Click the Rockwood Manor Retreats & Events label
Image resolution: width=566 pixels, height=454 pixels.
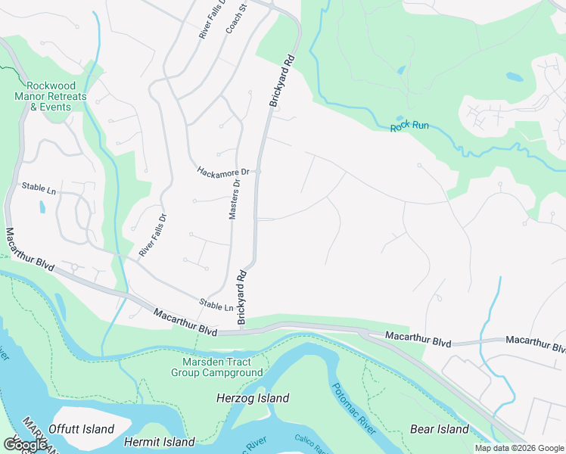coord(51,96)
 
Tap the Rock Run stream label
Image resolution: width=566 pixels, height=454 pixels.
coord(409,126)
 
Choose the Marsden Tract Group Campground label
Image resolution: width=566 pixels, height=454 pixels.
coord(217,367)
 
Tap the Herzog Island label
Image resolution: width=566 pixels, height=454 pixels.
coord(253,398)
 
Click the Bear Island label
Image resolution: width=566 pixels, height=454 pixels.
coord(440,429)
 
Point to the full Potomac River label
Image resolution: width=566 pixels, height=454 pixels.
coord(354,409)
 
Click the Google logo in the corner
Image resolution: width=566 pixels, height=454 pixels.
coord(25,445)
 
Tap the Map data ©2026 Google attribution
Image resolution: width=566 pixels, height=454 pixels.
coord(519,448)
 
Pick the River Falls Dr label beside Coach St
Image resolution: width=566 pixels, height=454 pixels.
coord(203,18)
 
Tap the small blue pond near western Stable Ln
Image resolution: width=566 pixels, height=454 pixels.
coord(41,205)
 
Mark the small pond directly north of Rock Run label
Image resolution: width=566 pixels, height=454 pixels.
coord(400,70)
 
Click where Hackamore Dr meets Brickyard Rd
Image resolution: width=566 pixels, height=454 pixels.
coord(258,172)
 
